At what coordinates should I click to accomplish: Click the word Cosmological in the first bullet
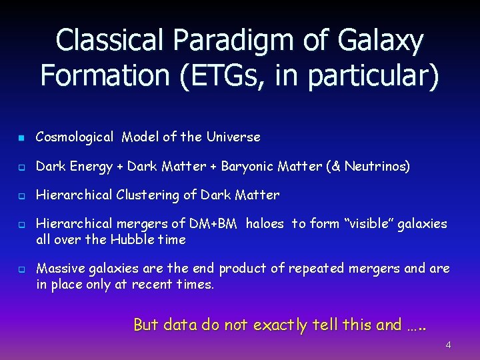75,137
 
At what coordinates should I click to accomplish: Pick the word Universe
233,137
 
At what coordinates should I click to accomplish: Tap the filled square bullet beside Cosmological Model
21,138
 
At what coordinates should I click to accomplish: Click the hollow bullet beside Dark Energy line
21,167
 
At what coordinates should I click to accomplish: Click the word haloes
265,225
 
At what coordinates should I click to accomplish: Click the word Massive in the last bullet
59,269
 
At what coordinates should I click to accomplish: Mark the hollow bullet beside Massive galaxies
21,269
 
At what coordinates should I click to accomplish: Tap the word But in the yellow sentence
146,325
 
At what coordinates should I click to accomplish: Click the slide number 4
448,345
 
